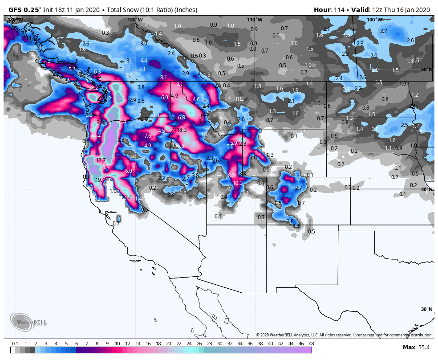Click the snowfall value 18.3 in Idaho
182,130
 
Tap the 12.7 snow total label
101,160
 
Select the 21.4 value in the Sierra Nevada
127,197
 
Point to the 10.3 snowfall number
238,183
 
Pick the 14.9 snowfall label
174,96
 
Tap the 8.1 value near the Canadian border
163,78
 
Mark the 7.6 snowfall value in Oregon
148,136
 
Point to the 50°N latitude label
426,70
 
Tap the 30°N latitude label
426,309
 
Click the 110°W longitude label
255,20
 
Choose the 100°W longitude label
375,20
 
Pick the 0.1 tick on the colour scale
15,344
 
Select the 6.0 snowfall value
129,171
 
